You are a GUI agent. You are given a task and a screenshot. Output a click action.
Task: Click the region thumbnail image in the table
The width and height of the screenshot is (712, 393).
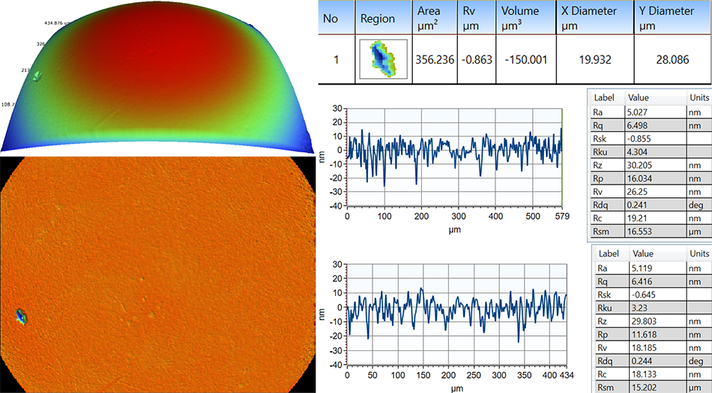(x=381, y=58)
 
